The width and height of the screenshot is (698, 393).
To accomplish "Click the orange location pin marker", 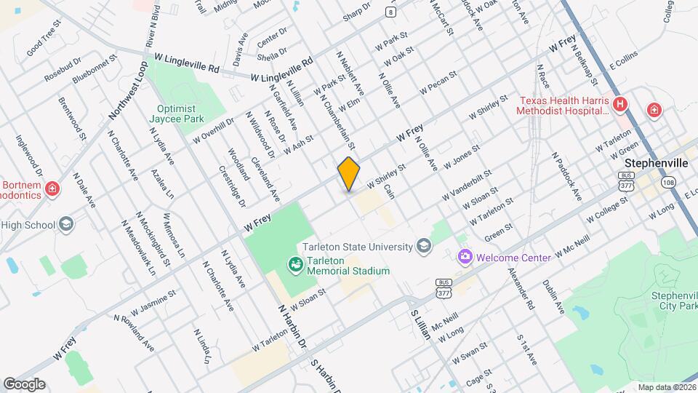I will (x=349, y=173).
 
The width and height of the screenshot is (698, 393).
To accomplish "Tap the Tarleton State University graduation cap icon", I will (x=422, y=247).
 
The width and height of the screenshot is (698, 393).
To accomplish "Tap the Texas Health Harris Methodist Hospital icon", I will (x=620, y=105).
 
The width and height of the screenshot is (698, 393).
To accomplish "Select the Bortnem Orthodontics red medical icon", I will (x=52, y=190).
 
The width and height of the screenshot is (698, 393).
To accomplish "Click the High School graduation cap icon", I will (x=66, y=223).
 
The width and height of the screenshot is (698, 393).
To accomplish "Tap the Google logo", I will (x=24, y=384).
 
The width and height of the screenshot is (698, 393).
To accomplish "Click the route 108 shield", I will (x=669, y=182).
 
